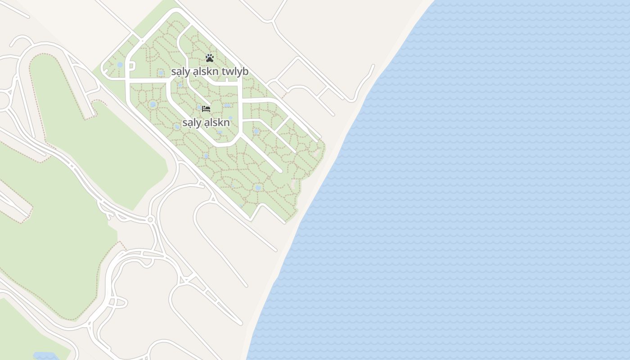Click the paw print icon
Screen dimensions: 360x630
pos(209,58)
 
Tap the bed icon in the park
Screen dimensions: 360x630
pos(206,108)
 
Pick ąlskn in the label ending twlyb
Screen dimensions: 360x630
pos(206,72)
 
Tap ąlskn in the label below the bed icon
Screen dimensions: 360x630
pos(217,122)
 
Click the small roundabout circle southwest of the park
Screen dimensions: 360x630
pos(150,220)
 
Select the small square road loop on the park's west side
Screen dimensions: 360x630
pos(131,66)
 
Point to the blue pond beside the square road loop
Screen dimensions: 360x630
pos(120,65)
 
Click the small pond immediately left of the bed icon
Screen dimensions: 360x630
pos(199,108)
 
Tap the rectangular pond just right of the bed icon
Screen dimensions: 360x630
pos(227,105)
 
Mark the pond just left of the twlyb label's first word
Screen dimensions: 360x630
pos(161,72)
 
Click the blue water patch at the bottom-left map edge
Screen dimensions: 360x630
pos(45,356)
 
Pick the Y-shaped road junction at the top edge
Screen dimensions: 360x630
pos(271,21)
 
